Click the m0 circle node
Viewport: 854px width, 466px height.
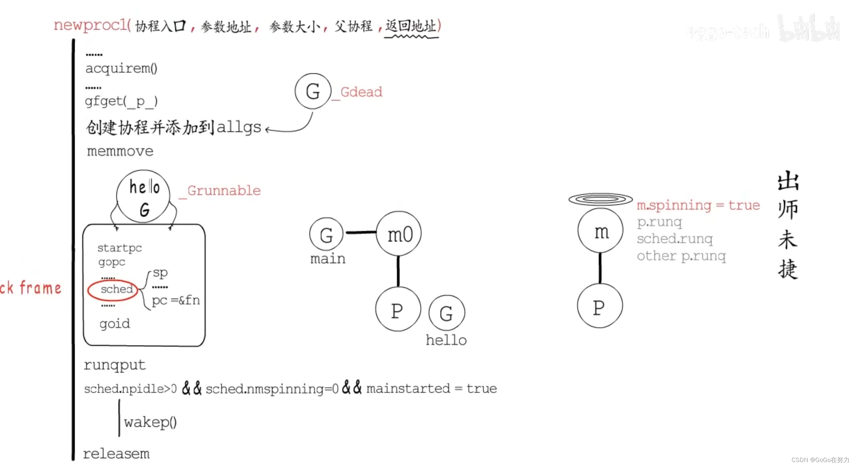[399, 233]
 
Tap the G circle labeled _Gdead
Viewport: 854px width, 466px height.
[313, 91]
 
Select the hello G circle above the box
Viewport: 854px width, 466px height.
[144, 196]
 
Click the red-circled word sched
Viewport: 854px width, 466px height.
[116, 289]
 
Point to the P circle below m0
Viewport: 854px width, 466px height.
[398, 309]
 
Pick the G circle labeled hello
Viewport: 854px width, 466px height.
[446, 313]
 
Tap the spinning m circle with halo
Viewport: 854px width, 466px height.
[600, 231]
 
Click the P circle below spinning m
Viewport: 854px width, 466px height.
[600, 306]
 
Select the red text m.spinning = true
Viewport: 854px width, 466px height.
[698, 205]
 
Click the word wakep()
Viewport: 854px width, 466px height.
[150, 422]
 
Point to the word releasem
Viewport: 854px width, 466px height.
[116, 454]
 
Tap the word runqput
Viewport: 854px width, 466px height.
[115, 365]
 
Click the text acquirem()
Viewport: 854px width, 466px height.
[121, 68]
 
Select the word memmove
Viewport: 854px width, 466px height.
[120, 151]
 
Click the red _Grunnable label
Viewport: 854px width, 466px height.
[221, 191]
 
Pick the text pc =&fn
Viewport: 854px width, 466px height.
[176, 300]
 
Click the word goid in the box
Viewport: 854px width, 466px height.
[115, 324]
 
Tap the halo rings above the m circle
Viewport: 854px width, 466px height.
[600, 199]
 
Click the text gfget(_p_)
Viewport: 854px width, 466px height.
[121, 101]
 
